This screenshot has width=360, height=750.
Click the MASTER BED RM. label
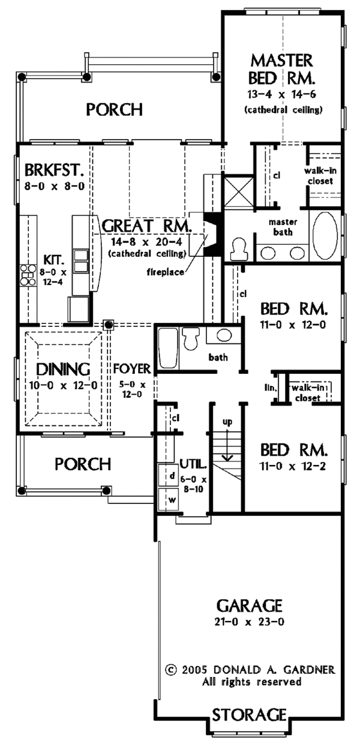282,69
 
